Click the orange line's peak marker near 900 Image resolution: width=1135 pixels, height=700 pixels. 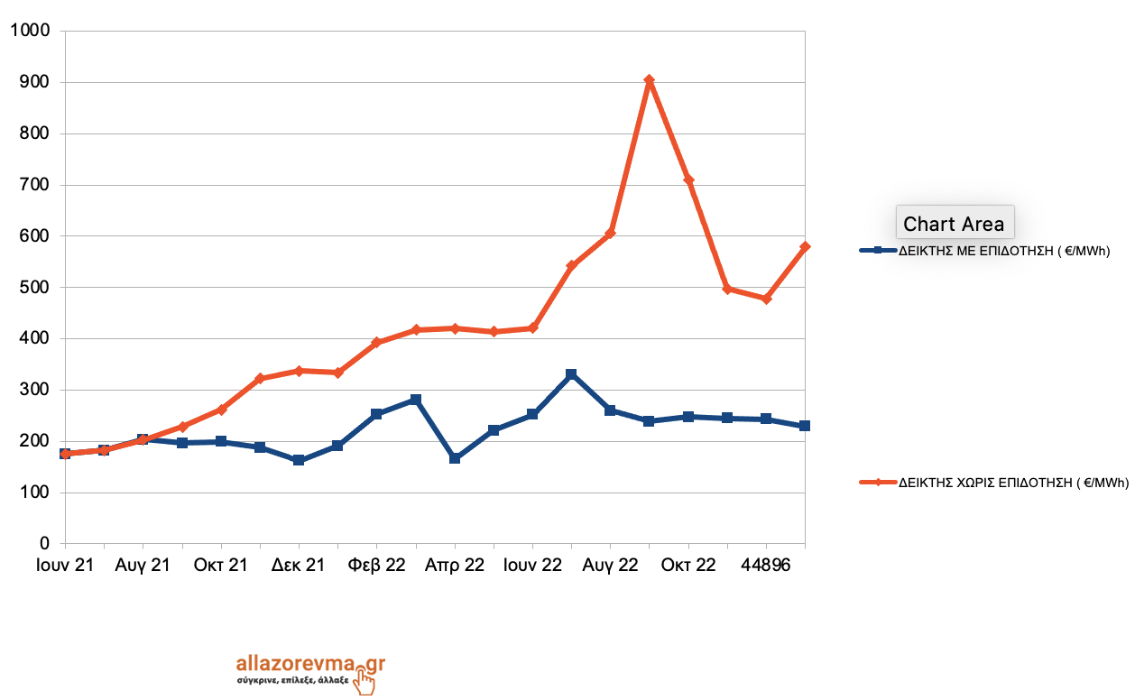pos(649,80)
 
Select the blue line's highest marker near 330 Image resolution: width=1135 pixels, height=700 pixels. pos(571,374)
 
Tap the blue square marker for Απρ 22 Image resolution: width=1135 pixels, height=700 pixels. pos(455,458)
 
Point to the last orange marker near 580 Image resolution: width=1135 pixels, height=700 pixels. pos(805,246)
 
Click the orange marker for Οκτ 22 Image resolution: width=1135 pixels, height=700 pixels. pos(688,180)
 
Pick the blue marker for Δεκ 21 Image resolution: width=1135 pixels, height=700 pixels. pos(299,460)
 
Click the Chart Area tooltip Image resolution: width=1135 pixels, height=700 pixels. pos(954,223)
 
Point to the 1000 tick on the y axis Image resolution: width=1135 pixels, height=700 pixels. pos(32,32)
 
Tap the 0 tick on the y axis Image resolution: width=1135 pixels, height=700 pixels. pos(43,544)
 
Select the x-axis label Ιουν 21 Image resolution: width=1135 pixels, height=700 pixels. pos(64,566)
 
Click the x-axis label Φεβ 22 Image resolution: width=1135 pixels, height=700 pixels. pos(376,566)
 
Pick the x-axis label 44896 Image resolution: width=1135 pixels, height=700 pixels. pos(766,566)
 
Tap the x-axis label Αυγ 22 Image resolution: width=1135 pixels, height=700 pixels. pos(610,566)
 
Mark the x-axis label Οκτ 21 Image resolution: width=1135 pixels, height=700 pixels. pos(220,566)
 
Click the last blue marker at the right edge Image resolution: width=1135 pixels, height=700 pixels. pos(805,426)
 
